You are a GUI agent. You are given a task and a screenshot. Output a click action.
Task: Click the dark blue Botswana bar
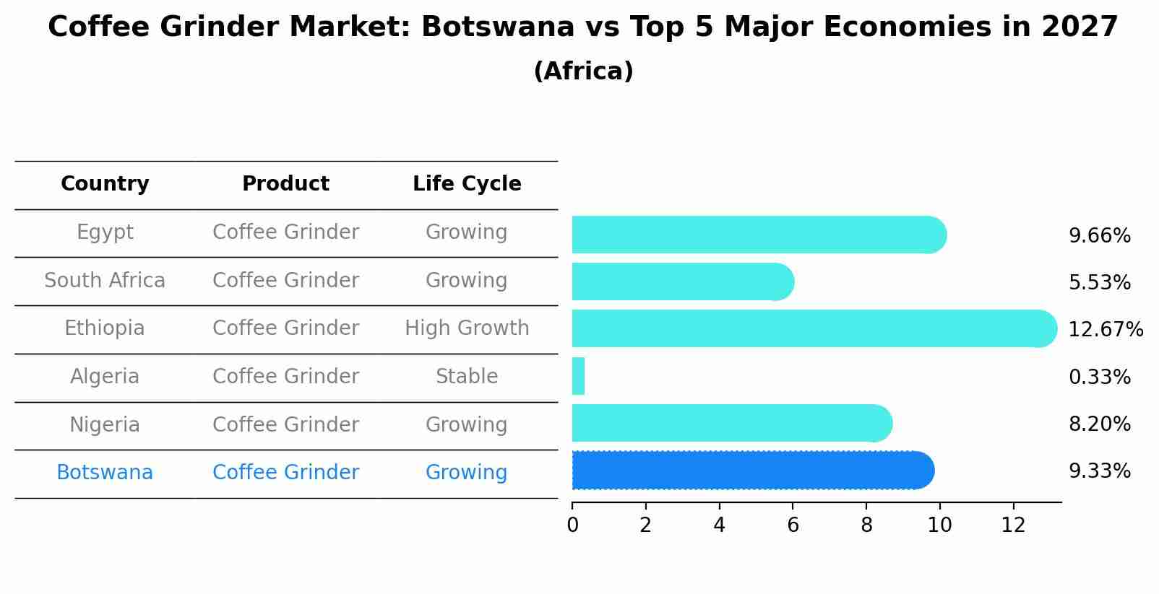(x=751, y=471)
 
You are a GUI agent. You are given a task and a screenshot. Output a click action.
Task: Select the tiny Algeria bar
(x=578, y=376)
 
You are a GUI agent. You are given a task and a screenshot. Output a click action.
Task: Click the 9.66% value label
(x=1099, y=236)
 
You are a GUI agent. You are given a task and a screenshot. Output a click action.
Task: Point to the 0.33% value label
(x=1099, y=377)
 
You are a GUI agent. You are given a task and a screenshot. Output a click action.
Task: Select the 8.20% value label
(x=1099, y=424)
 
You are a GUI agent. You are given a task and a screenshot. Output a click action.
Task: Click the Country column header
(x=105, y=184)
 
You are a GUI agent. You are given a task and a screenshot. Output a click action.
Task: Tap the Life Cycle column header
(x=467, y=184)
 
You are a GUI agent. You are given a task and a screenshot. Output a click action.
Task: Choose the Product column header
(x=285, y=184)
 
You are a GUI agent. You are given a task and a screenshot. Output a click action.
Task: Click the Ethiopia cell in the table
(x=105, y=328)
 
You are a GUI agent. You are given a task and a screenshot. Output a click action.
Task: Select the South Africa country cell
(x=105, y=280)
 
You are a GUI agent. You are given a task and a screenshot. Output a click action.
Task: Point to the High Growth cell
(x=467, y=328)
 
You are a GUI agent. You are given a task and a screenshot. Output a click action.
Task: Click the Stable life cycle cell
(x=467, y=377)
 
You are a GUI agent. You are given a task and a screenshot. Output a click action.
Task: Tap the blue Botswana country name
(x=105, y=473)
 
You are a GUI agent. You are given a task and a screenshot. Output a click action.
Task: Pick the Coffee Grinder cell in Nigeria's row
(x=285, y=424)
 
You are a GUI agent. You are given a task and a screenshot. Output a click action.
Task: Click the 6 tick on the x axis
(x=793, y=525)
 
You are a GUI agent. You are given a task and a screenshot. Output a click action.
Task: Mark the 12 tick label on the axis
(x=1013, y=525)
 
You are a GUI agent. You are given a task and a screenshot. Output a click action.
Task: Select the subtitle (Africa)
(x=583, y=71)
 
